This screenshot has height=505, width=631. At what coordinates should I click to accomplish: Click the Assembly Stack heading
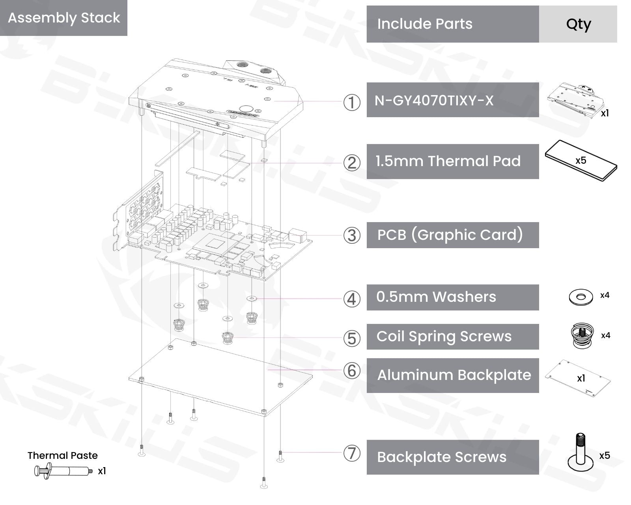(x=64, y=18)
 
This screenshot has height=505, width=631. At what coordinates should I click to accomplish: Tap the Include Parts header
(x=424, y=24)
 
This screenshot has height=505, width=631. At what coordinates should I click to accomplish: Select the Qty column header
(x=578, y=24)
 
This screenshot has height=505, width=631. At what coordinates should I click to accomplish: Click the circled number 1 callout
(x=352, y=103)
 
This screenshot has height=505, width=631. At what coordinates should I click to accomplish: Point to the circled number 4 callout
(x=352, y=299)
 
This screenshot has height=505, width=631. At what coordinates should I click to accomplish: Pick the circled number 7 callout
(x=352, y=453)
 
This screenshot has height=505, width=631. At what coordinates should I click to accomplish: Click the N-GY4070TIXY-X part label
(x=434, y=101)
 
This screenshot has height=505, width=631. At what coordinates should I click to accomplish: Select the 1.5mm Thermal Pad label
(x=448, y=161)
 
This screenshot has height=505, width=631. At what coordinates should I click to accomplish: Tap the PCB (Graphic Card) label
(x=450, y=235)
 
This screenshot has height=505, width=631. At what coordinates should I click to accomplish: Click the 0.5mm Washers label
(x=436, y=297)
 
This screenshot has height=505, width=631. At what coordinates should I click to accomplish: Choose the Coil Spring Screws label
(x=444, y=336)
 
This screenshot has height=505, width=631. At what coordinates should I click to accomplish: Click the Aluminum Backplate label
(x=454, y=375)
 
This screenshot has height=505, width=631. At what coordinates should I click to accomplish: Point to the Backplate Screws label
(x=442, y=457)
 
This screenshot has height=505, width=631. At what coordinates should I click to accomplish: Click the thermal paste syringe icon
(x=63, y=471)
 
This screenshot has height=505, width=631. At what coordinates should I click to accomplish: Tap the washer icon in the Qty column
(x=581, y=297)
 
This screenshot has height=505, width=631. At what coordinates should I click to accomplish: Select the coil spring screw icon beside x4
(x=582, y=336)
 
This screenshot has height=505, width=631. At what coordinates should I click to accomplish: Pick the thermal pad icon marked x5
(x=581, y=161)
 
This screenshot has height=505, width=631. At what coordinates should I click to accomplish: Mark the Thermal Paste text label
(x=63, y=455)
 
